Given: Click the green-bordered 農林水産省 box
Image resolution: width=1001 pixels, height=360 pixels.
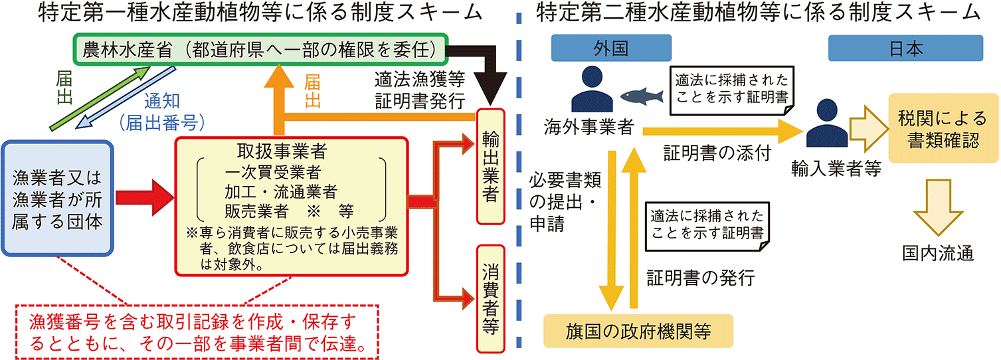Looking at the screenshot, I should pyautogui.click(x=260, y=49).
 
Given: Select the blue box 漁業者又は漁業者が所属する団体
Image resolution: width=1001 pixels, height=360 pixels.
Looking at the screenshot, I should pyautogui.click(x=58, y=198).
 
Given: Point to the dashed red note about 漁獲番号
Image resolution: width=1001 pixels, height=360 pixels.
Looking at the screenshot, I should pyautogui.click(x=196, y=331).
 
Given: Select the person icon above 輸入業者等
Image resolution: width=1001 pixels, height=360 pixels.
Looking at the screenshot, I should pyautogui.click(x=826, y=123).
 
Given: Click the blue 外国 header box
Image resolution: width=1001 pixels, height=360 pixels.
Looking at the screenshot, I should pyautogui.click(x=610, y=48).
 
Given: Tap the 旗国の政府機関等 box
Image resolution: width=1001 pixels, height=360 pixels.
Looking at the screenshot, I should pyautogui.click(x=638, y=330).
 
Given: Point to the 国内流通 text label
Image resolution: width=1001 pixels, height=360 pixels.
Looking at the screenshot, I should pyautogui.click(x=938, y=253).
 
